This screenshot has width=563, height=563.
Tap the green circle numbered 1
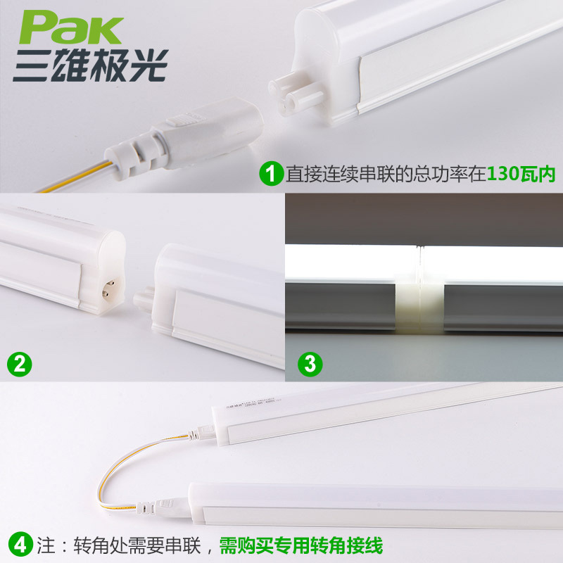coord(271,173)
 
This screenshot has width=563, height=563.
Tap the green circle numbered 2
coord(20,364)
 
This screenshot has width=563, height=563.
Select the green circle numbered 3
coord(310,364)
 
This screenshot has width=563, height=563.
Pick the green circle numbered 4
coord(20,544)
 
